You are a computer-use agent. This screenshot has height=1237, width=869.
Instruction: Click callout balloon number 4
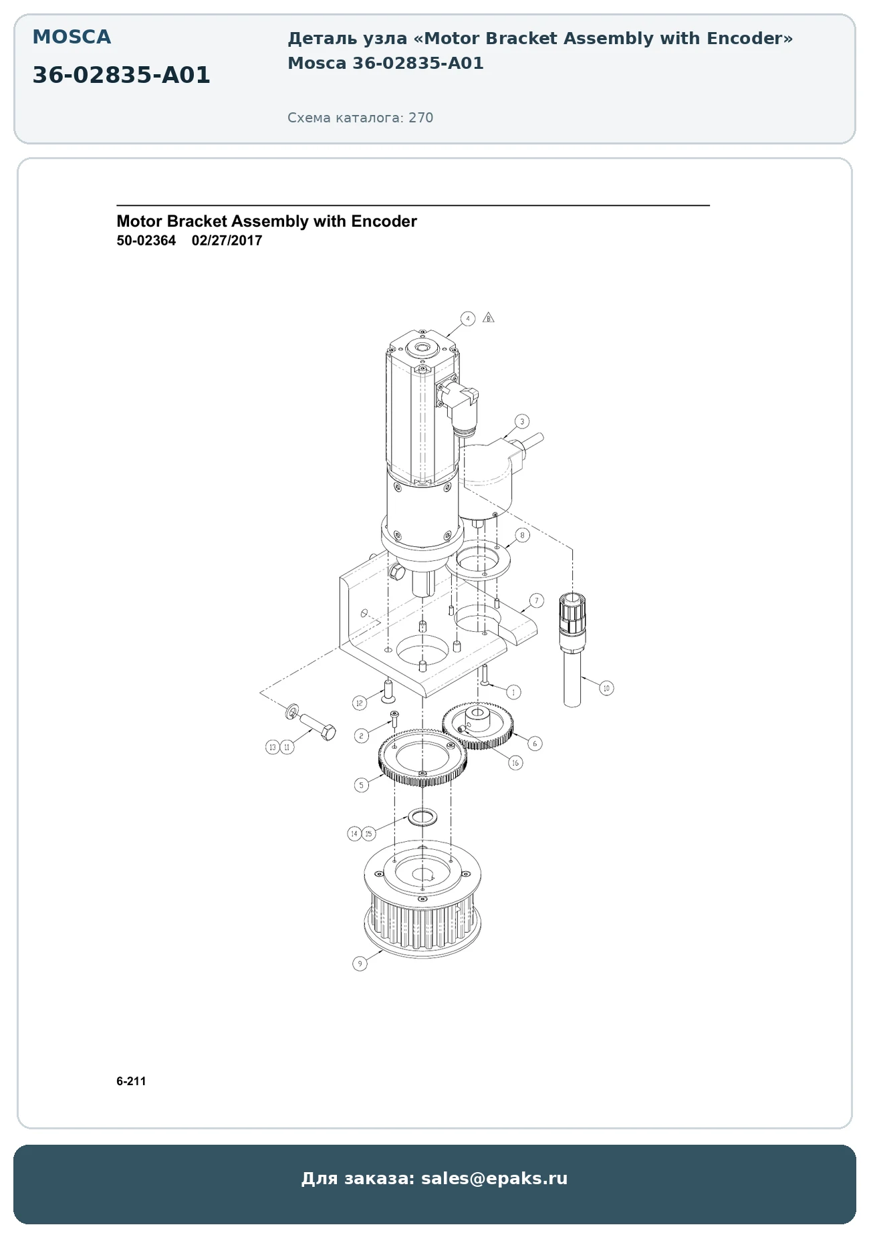pos(468,318)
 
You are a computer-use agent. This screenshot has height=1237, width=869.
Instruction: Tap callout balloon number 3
pos(522,421)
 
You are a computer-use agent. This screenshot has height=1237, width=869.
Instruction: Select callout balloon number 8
pos(522,535)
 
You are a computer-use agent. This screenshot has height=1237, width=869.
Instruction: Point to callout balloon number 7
pos(537,600)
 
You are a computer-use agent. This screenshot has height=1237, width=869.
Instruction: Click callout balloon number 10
pos(606,688)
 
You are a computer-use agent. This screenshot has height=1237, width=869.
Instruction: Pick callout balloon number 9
pos(360,964)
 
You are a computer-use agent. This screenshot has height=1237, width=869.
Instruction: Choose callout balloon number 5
pos(362,785)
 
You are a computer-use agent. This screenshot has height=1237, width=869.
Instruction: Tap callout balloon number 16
pos(515,763)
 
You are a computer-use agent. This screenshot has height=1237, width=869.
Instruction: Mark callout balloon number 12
pos(360,703)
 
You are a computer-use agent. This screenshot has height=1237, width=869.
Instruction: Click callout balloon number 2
pos(362,736)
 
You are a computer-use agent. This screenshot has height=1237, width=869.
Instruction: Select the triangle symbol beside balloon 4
pos(489,318)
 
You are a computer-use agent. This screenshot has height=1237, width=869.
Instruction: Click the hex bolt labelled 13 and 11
pos(316,725)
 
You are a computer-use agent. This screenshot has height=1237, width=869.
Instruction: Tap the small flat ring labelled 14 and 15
pos(422,816)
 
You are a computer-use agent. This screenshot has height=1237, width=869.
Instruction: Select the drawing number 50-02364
pos(146,241)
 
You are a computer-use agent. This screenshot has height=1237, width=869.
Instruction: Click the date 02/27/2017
pos(227,241)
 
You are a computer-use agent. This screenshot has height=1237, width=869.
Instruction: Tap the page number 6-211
pos(131,1081)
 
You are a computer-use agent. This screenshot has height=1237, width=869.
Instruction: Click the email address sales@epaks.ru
pos(494,1178)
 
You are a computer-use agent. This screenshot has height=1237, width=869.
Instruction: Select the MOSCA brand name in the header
pos(72,37)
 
